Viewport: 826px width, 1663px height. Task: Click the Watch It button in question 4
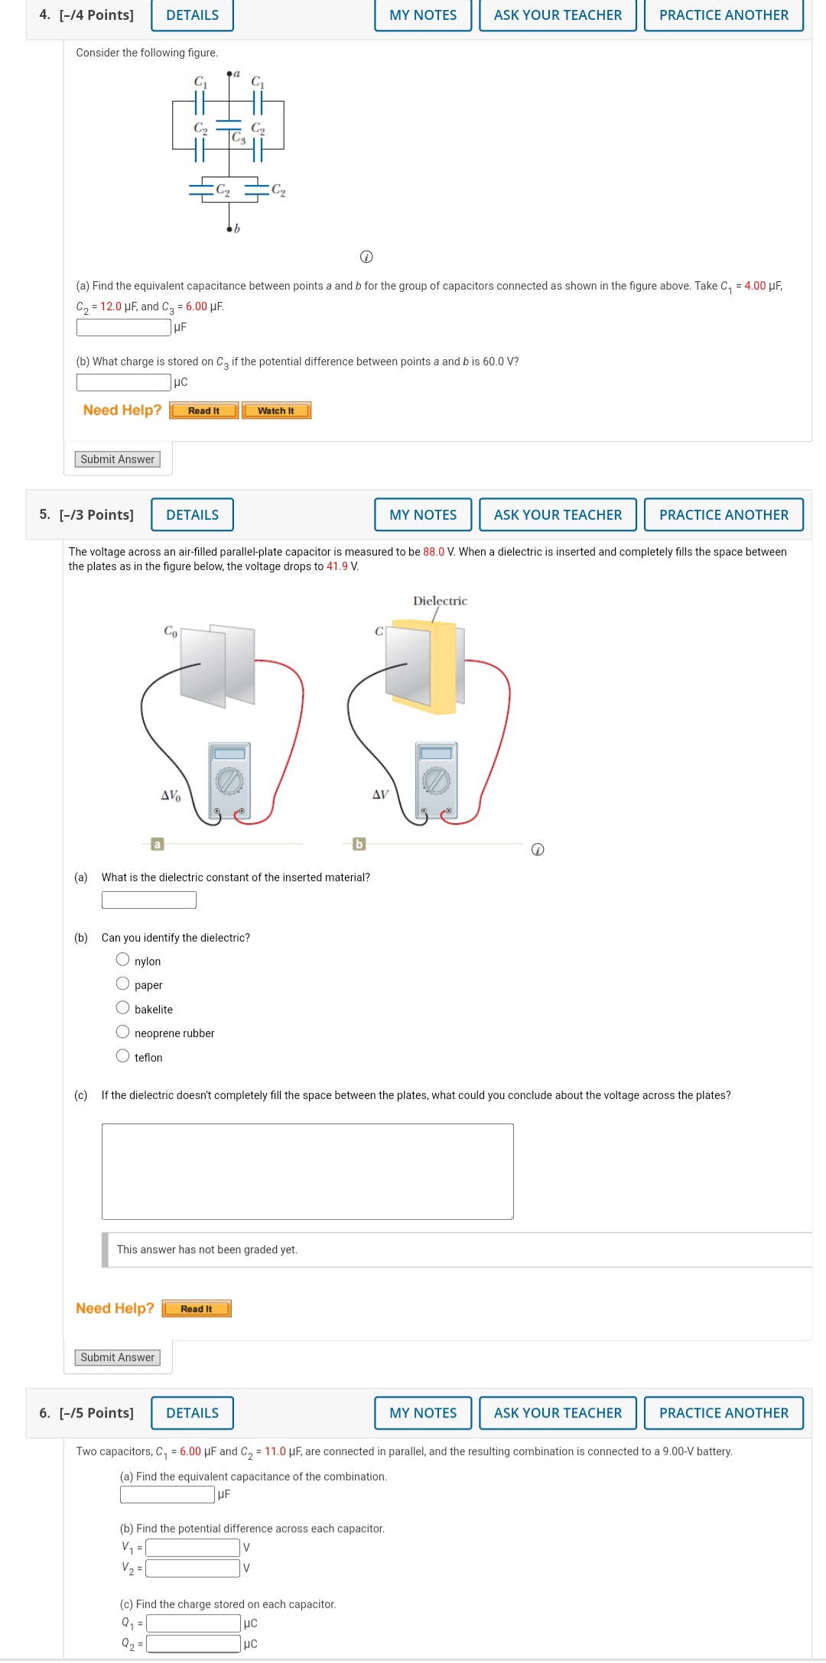click(276, 410)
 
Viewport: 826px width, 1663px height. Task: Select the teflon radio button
click(122, 1056)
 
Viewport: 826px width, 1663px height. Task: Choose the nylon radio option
click(122, 960)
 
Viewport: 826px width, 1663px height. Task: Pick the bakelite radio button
click(122, 1008)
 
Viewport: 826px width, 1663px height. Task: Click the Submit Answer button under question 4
click(117, 459)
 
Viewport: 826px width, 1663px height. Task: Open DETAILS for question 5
click(192, 514)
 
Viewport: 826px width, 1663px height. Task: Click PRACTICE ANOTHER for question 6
click(723, 1413)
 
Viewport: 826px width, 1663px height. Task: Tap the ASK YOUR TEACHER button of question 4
click(558, 15)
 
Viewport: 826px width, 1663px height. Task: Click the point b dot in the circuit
click(229, 229)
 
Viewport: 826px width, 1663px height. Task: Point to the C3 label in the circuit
click(239, 138)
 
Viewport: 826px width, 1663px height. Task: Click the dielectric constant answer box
click(148, 900)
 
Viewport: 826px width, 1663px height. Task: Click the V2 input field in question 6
click(193, 1568)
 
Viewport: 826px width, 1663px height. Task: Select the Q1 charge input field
click(193, 1623)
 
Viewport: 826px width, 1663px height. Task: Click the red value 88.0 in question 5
click(434, 552)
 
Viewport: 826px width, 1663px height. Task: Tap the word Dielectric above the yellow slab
click(440, 601)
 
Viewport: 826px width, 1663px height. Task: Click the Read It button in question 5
click(197, 1309)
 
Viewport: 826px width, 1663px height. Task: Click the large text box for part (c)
click(307, 1171)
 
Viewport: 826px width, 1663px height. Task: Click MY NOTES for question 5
click(423, 514)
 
